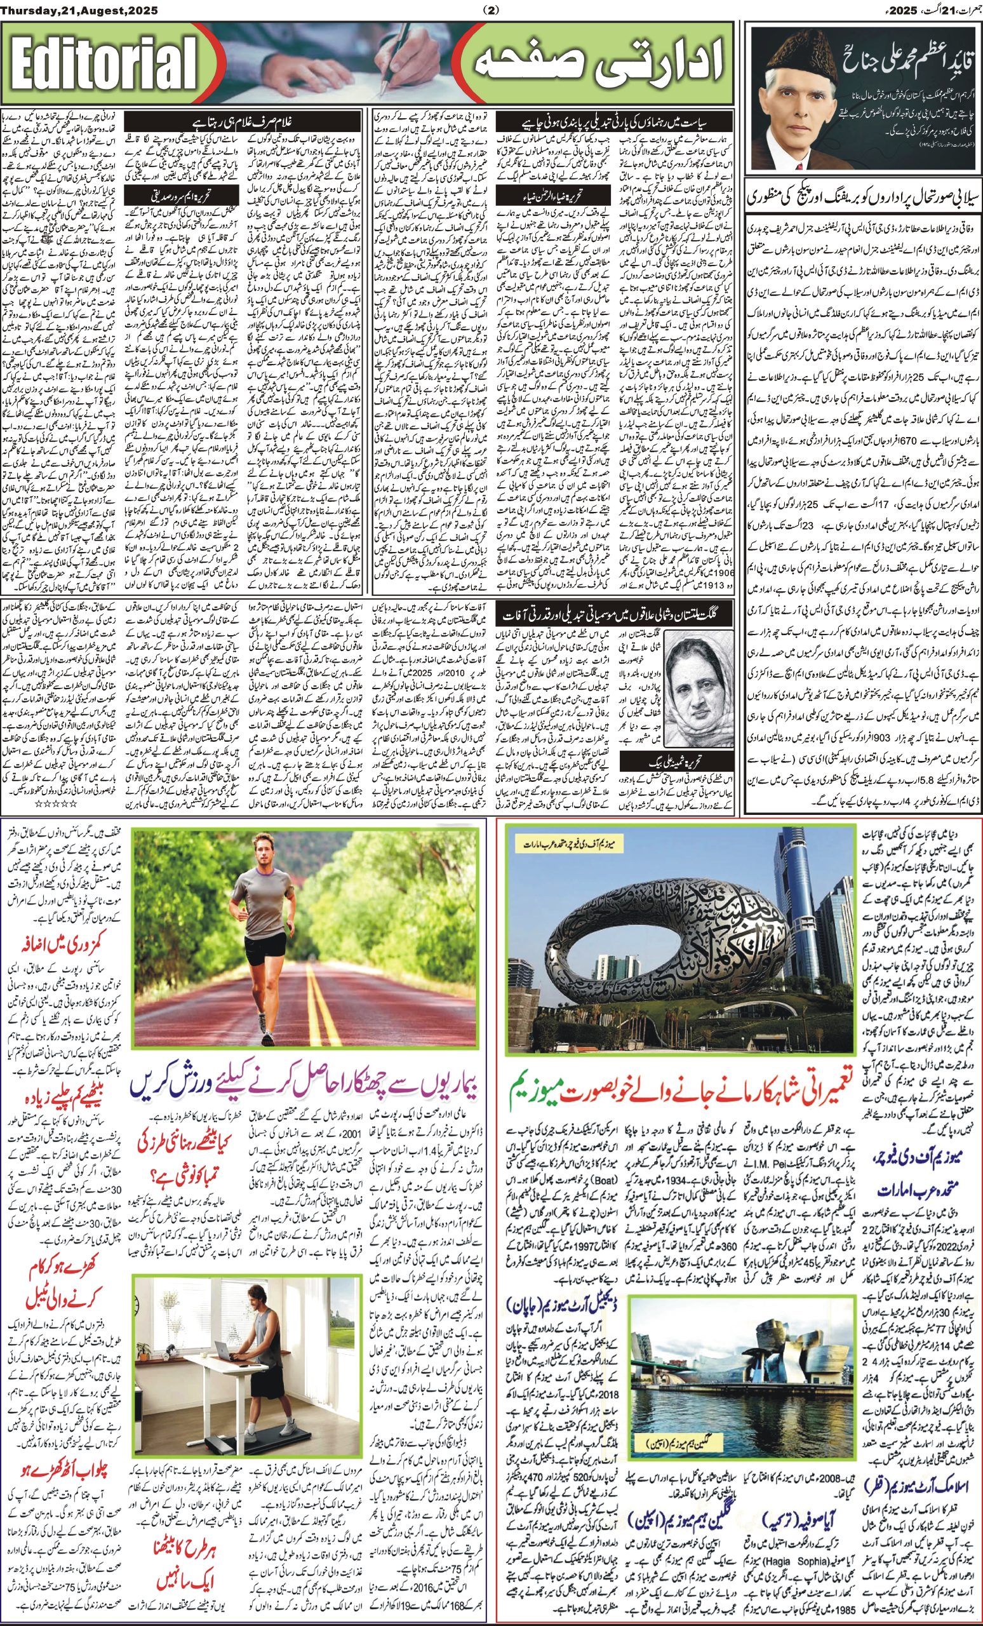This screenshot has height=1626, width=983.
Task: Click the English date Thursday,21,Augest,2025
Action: click(x=78, y=10)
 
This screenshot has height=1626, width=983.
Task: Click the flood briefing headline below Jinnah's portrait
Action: click(x=862, y=198)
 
